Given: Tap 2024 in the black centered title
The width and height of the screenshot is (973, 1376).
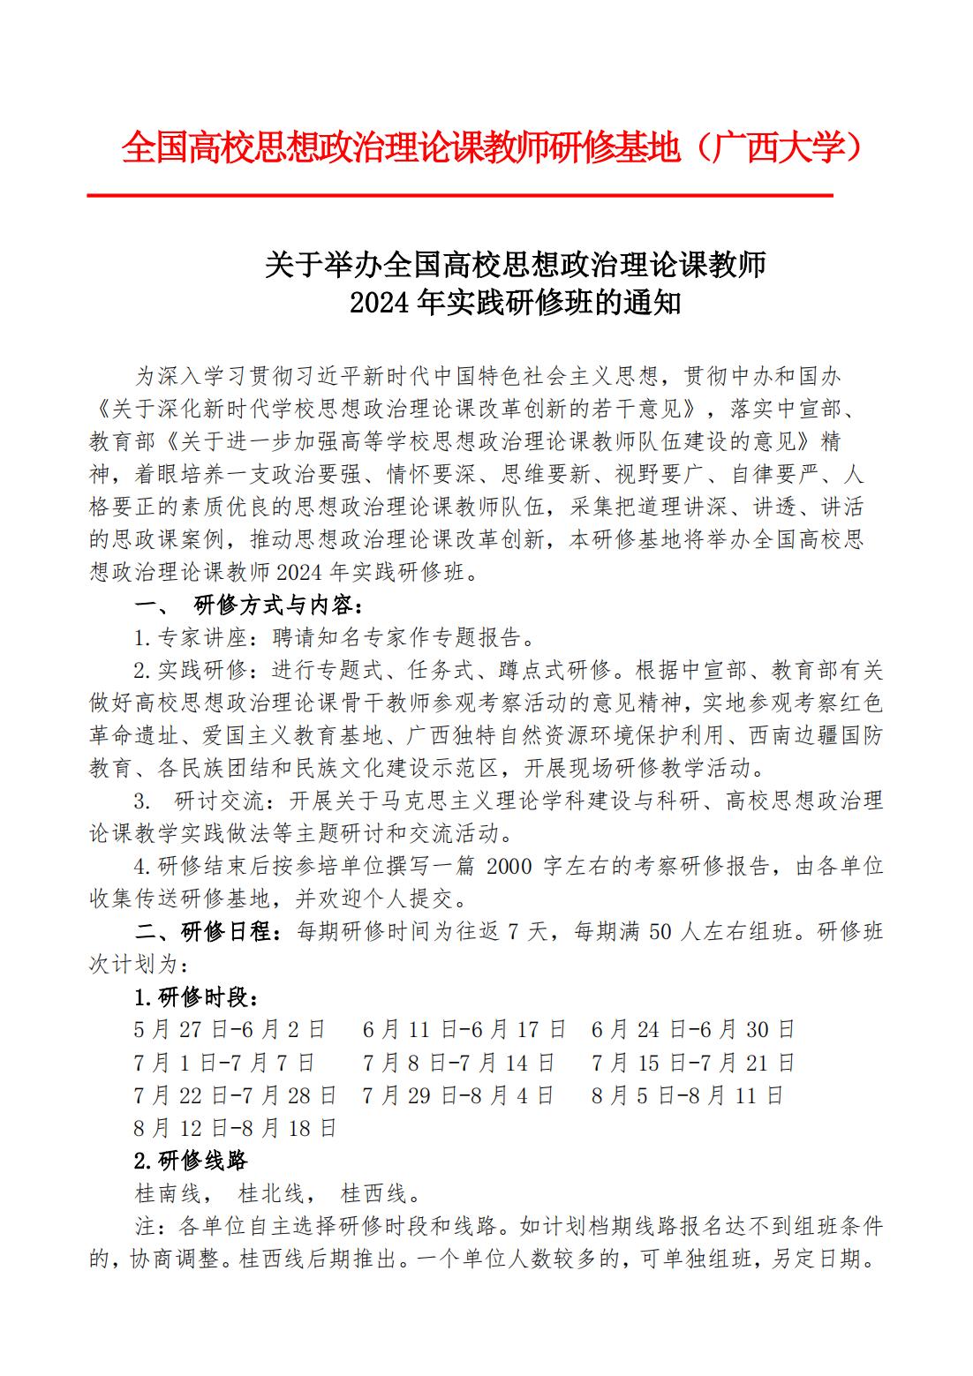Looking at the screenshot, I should click(x=381, y=303).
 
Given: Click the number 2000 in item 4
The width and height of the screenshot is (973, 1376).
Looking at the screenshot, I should click(x=509, y=866).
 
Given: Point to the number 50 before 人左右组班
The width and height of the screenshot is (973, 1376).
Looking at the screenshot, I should click(x=660, y=931).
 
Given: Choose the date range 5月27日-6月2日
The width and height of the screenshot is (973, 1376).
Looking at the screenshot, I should click(x=230, y=1029).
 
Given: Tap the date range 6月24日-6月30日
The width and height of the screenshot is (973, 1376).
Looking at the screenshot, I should click(x=693, y=1029).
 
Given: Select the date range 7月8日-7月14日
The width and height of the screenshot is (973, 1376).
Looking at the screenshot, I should click(x=458, y=1063).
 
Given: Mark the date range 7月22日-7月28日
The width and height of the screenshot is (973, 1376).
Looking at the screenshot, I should click(x=235, y=1095).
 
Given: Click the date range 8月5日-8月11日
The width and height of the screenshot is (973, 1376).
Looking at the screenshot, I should click(x=688, y=1095).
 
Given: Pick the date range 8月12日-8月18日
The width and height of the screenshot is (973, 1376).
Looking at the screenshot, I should click(x=235, y=1128).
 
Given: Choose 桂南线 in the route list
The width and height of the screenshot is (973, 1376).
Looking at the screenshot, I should click(x=168, y=1193).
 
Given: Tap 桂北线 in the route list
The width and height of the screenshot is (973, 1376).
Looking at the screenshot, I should click(x=271, y=1193).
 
